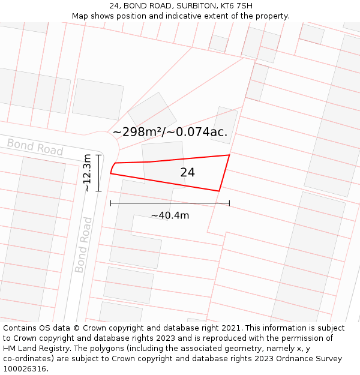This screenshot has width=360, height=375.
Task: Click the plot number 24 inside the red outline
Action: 187,173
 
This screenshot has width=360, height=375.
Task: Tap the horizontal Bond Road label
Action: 35,146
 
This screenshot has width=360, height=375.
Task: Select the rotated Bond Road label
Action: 84,245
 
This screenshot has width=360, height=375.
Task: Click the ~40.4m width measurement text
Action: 170,215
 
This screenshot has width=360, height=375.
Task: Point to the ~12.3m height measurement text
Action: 87,173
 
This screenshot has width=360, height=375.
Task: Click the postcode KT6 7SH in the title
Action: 236,6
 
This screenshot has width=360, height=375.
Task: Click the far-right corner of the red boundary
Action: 229,155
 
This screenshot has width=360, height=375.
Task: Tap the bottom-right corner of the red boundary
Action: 219,191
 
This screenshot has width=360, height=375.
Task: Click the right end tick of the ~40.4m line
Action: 229,203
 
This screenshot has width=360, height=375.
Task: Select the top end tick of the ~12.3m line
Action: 99,155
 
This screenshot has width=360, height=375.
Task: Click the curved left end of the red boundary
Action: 112,167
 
